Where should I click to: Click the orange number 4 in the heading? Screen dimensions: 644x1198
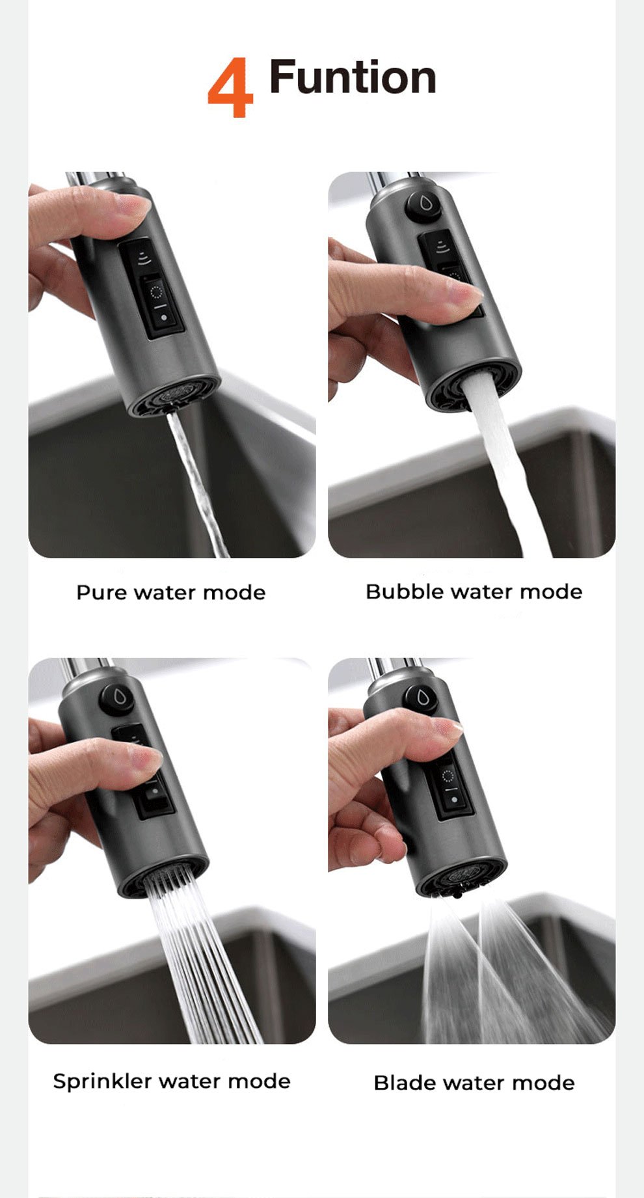[230, 87]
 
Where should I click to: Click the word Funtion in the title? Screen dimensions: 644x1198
[352, 77]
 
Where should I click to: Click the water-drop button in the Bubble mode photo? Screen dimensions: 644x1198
[423, 205]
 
